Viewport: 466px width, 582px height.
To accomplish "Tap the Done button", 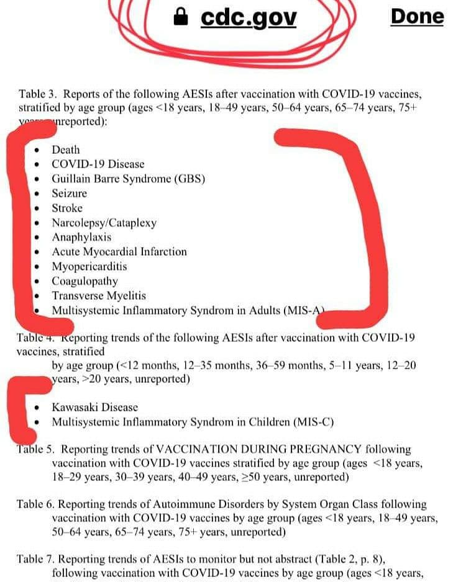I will (417, 17).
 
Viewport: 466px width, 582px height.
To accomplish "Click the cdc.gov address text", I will (249, 18).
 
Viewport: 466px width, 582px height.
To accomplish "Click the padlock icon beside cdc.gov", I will (181, 17).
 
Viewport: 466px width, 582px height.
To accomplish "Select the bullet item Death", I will (66, 150).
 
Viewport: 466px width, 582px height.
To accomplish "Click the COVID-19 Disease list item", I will (98, 164).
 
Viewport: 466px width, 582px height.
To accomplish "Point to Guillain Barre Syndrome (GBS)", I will (128, 179).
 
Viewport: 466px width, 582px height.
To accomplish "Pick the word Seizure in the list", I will (69, 194).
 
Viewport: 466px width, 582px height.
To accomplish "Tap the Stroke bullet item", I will (67, 208).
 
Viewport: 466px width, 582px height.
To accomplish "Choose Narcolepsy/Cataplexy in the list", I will (104, 223).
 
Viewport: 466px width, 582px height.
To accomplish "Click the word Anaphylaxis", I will (81, 238).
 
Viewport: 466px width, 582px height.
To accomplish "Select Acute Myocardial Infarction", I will (119, 252).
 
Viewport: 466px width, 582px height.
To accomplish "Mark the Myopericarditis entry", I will (89, 267).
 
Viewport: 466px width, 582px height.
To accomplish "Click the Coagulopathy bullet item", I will (85, 281).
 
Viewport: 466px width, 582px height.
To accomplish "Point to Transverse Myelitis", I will (99, 296).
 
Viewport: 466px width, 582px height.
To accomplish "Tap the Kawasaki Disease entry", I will (94, 408).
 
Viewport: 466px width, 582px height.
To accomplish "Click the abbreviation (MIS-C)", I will (313, 423).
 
